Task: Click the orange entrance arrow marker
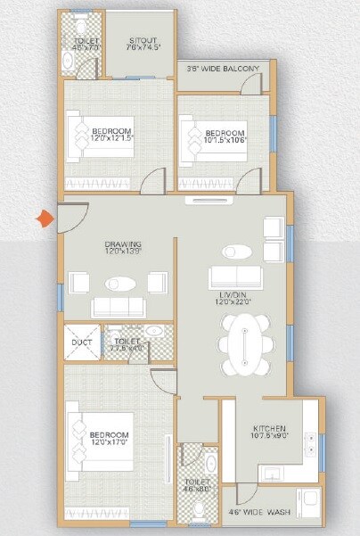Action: tap(42, 217)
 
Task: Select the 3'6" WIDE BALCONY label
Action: tap(223, 69)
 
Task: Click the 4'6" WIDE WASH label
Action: tap(258, 511)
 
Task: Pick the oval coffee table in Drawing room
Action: tap(118, 284)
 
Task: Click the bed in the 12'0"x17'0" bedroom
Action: tap(99, 441)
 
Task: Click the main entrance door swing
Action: tap(70, 219)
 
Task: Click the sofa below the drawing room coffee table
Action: tap(118, 307)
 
